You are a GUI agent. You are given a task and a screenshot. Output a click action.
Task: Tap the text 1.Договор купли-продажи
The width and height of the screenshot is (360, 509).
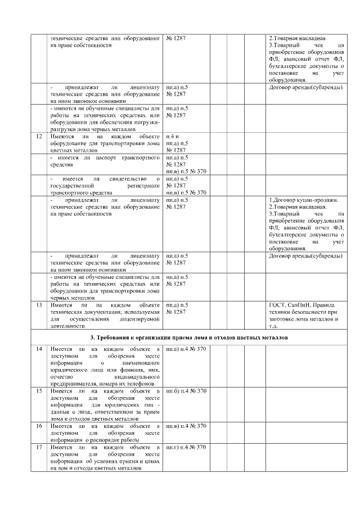point(306,200)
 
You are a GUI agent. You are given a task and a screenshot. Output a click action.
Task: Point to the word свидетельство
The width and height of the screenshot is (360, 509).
point(128,178)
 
